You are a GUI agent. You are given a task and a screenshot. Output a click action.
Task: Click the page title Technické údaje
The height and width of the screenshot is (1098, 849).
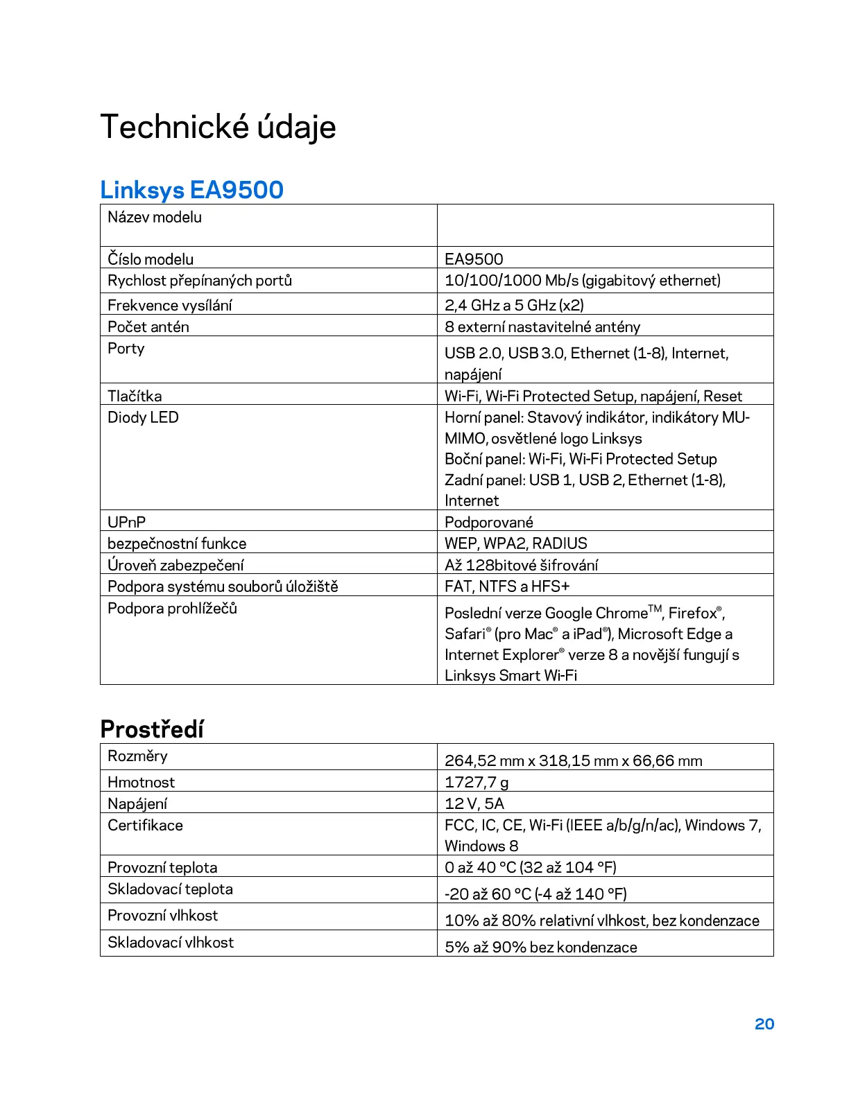[x=218, y=127]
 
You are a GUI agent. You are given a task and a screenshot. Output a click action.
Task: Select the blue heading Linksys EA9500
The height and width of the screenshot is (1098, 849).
[x=191, y=189]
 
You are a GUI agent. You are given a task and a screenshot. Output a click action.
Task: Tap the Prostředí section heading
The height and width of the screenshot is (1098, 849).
[x=152, y=729]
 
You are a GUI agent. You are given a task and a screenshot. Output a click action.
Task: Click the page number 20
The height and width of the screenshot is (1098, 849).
[x=764, y=1024]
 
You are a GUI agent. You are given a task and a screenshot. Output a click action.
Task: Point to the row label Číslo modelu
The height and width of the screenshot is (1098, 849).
[x=151, y=259]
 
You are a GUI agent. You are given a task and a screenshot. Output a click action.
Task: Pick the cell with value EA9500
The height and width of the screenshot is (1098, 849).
[x=474, y=259]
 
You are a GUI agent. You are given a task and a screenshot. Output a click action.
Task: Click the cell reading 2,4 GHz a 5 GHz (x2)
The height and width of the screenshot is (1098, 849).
[x=514, y=305]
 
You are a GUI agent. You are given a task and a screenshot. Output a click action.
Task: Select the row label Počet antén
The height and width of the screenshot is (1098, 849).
[x=148, y=326]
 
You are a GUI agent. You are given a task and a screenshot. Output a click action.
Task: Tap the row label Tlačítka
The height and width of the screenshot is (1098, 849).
[x=135, y=396]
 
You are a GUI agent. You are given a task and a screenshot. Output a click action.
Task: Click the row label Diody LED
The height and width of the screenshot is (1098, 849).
[x=143, y=417]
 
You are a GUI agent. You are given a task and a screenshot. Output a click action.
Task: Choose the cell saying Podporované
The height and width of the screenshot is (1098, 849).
[x=488, y=522]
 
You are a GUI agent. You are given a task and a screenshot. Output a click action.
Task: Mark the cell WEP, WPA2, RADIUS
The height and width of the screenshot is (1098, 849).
[x=515, y=543]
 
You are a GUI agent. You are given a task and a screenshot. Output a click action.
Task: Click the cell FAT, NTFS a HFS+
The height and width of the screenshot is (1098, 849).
[x=506, y=586]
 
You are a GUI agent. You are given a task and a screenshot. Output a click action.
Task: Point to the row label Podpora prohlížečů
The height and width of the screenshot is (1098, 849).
[x=172, y=608]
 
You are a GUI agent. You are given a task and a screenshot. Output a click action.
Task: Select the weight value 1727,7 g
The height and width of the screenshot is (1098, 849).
[x=477, y=782]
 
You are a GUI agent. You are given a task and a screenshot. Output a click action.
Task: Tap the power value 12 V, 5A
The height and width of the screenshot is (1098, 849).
[x=474, y=803]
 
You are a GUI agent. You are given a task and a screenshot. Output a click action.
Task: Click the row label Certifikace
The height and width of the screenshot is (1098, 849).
[x=145, y=825]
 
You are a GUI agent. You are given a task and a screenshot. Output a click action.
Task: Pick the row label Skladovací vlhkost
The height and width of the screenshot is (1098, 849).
[x=171, y=942]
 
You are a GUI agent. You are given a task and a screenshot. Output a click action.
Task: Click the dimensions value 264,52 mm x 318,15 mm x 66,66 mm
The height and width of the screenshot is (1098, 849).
[x=573, y=760]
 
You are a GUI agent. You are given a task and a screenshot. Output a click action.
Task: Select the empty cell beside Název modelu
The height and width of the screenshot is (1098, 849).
[x=605, y=225]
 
